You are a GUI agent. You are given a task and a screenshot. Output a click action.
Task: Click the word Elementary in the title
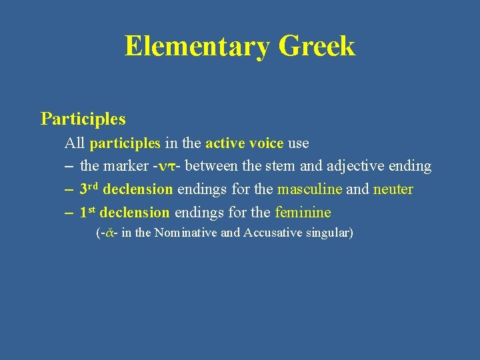pos(197,46)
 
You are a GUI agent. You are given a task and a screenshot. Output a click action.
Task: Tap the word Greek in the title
pos(317,46)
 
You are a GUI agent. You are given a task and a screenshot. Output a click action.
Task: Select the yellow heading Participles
pos(83,119)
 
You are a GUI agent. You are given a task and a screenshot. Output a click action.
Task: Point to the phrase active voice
pos(244,143)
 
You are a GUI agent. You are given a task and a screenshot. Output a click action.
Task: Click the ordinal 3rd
pos(89,189)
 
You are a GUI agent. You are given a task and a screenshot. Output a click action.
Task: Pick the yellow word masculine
pos(309,189)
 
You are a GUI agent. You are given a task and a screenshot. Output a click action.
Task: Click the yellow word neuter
pos(393,189)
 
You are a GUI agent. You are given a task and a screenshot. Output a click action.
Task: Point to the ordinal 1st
pos(87,212)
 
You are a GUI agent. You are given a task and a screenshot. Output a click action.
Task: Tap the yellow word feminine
pos(303,213)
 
